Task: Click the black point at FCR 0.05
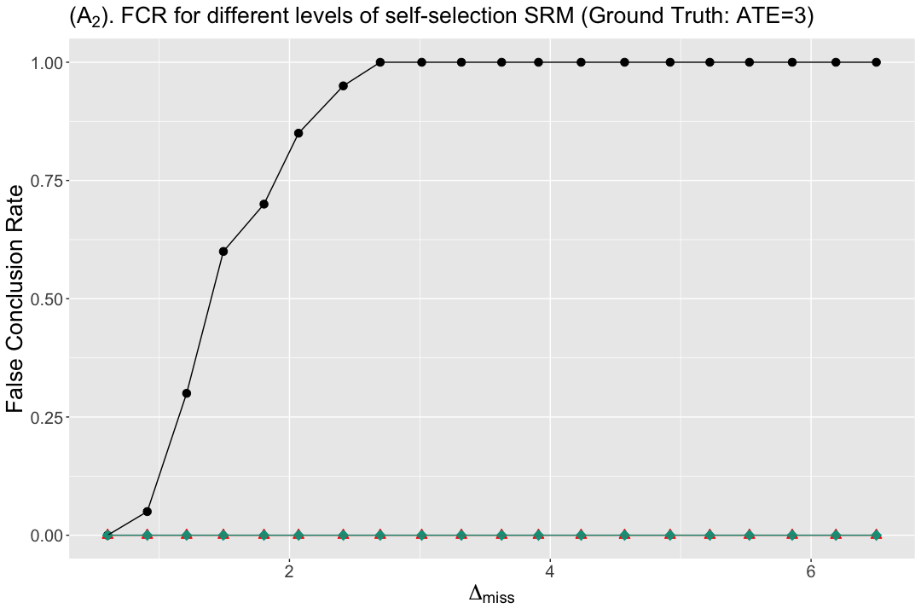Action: [148, 511]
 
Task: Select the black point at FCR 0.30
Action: [186, 393]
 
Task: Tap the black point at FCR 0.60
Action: [223, 252]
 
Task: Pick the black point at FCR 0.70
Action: [264, 204]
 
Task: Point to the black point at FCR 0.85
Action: [298, 133]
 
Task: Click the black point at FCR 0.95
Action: [344, 86]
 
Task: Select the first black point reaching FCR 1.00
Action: [380, 62]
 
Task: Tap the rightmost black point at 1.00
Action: [877, 62]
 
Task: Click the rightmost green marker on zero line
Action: [877, 535]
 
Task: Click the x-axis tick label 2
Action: [289, 571]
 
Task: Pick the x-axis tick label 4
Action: [550, 571]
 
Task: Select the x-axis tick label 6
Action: [811, 571]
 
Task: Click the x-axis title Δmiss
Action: [492, 595]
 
